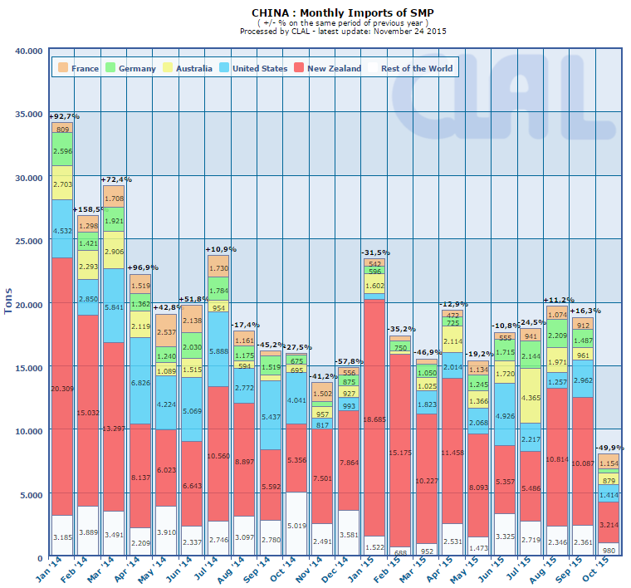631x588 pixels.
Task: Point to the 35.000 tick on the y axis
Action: point(28,114)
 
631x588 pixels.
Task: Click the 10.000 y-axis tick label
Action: point(28,431)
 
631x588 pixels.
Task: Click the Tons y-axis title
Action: point(9,303)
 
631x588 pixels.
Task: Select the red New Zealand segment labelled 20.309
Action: point(62,387)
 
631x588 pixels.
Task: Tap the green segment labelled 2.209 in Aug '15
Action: point(555,336)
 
